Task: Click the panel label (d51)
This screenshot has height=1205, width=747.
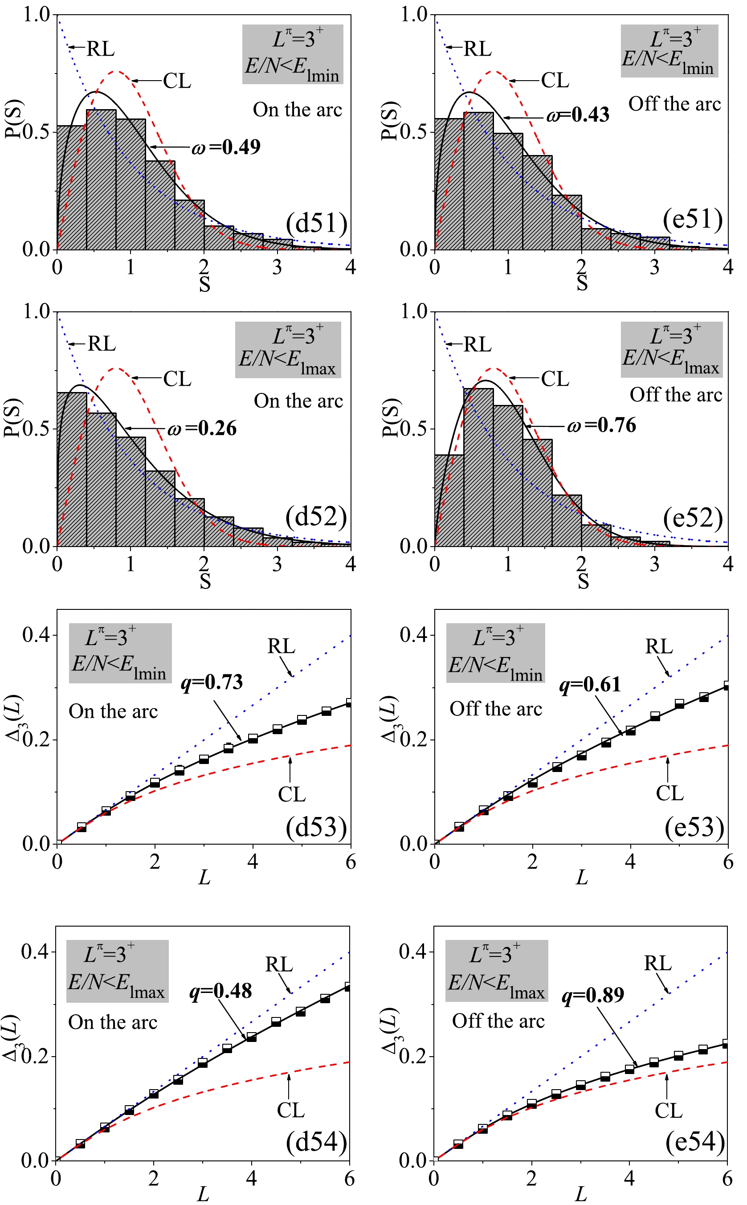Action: point(317,223)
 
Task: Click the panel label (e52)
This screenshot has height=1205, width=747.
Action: point(693,518)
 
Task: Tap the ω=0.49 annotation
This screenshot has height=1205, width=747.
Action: point(226,147)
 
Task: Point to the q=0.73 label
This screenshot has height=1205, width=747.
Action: point(212,682)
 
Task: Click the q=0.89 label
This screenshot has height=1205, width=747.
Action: point(593,995)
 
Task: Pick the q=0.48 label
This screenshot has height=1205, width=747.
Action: point(221,991)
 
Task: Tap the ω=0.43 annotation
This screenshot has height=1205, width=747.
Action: point(578,115)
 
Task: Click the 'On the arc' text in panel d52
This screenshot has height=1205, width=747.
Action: point(298,400)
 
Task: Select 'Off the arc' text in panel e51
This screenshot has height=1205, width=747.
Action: point(674,104)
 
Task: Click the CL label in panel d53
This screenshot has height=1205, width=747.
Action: point(291,794)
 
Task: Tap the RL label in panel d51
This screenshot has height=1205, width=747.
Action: point(100,49)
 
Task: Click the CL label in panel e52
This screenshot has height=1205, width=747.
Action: point(555,379)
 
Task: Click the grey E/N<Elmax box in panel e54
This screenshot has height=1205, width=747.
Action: point(497,971)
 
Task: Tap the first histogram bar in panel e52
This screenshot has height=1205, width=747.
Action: point(449,500)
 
